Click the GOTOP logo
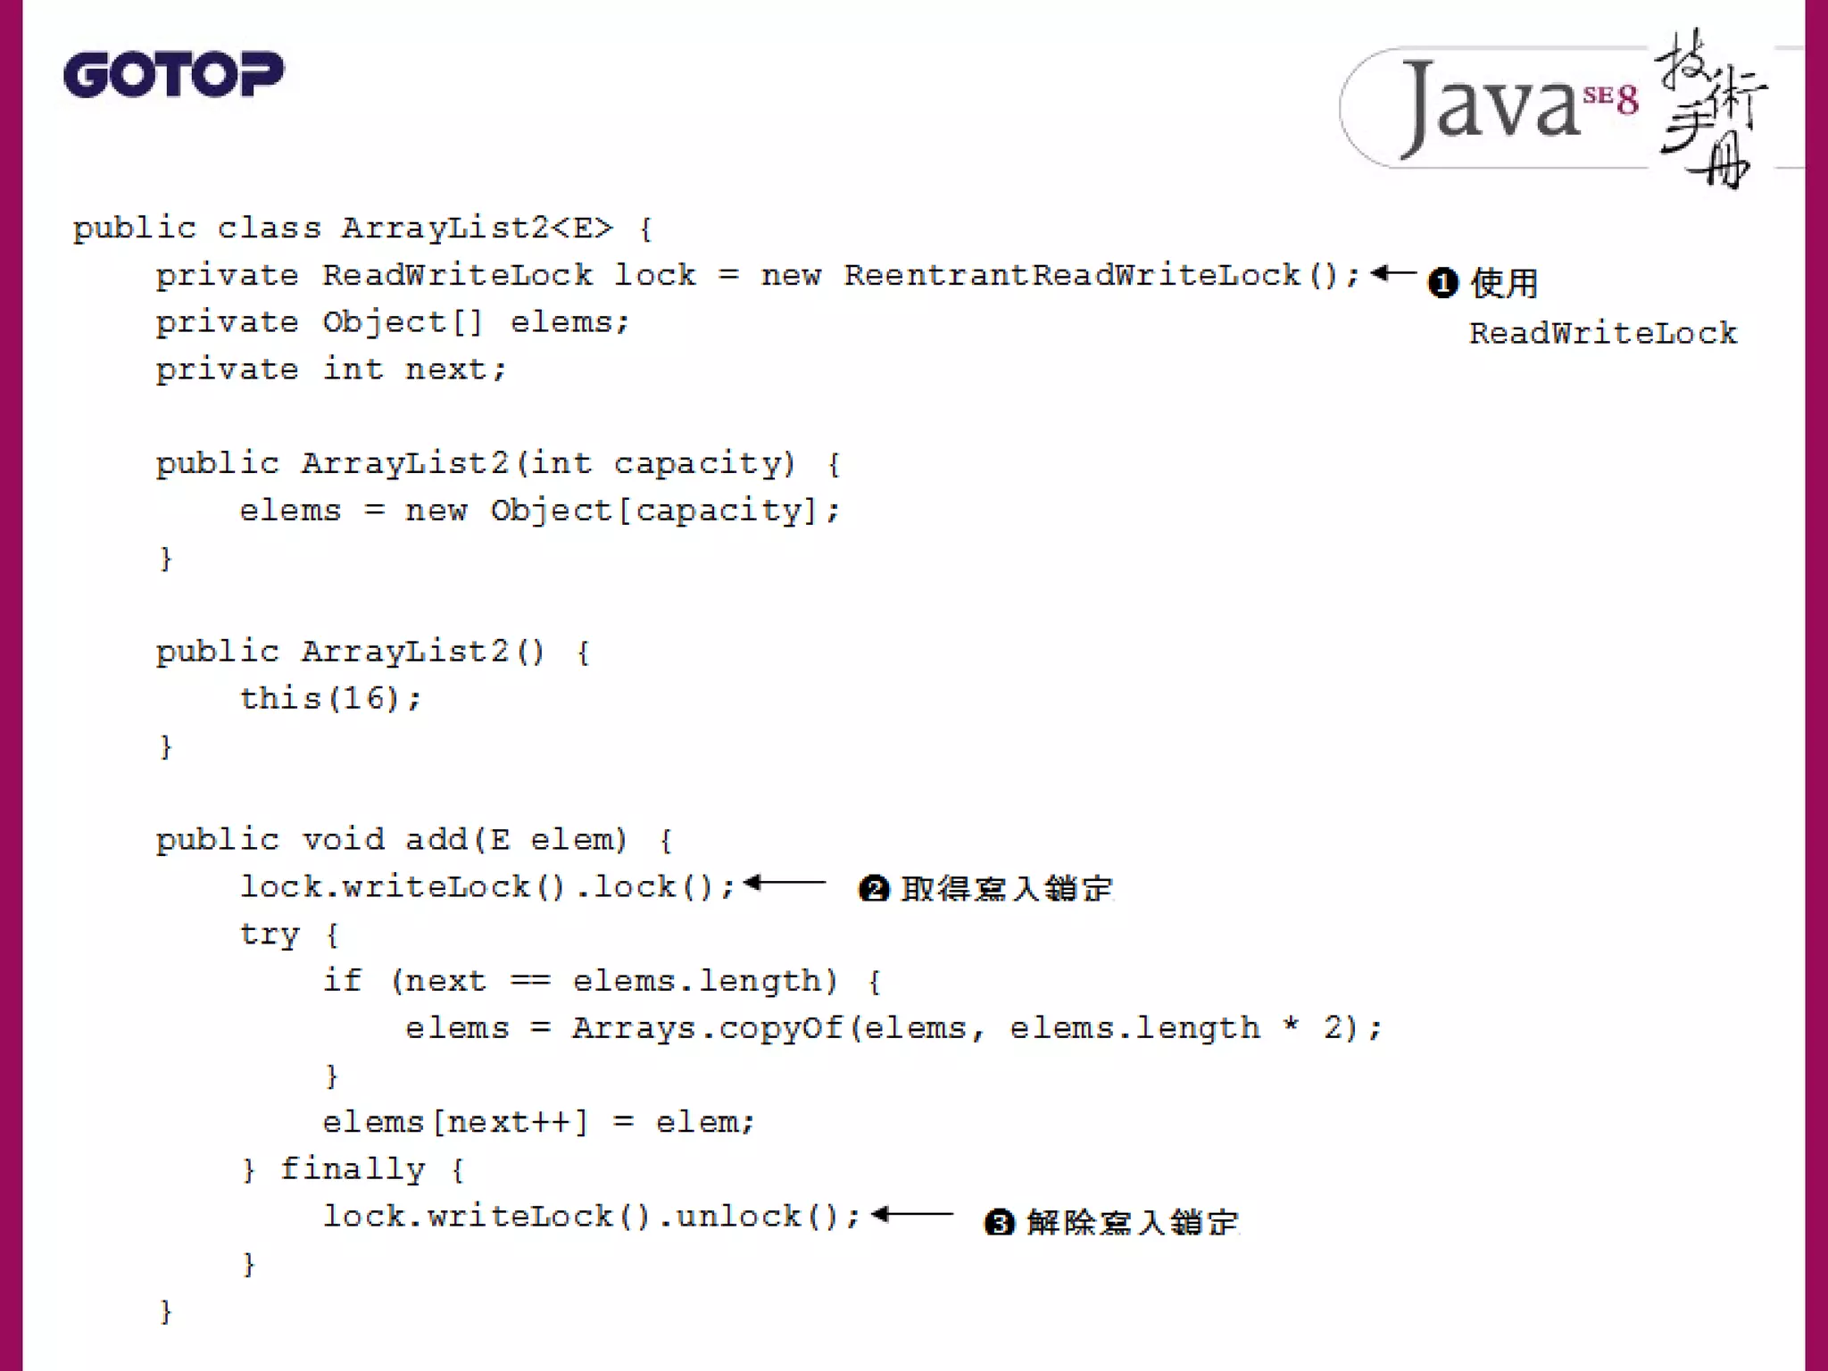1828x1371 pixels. (x=173, y=74)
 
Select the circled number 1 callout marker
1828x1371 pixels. (x=1443, y=283)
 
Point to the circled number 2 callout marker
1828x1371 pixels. (x=874, y=889)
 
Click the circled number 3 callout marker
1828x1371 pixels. (x=1000, y=1222)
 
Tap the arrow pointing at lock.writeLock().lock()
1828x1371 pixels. (x=785, y=884)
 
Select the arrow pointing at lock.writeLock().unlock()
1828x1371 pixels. (x=912, y=1214)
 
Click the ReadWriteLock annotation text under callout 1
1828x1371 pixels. (x=1603, y=334)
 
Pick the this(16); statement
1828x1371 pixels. (x=330, y=698)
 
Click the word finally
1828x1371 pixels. (x=353, y=1169)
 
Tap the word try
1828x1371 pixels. (x=270, y=935)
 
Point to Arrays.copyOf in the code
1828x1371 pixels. (x=707, y=1028)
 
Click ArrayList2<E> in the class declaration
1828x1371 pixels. (x=478, y=228)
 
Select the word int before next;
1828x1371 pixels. (x=353, y=370)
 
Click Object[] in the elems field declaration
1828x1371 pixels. (x=402, y=322)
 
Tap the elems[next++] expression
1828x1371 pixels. (x=455, y=1122)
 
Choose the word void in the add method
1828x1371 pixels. (x=343, y=840)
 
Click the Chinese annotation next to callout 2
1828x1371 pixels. (x=1007, y=889)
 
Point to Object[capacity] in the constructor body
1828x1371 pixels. (x=653, y=511)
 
